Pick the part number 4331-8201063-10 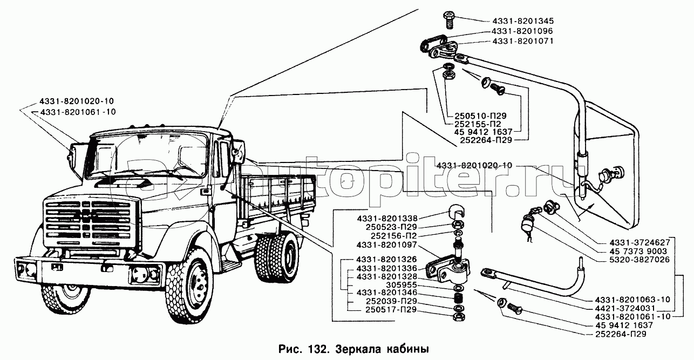coord(632,300)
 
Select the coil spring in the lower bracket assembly coord(457,297)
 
